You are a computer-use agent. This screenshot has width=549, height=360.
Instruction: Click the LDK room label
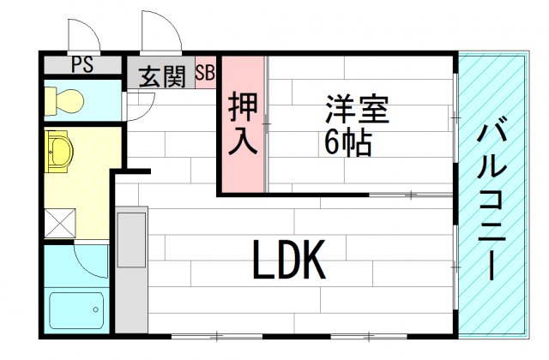[x=289, y=259]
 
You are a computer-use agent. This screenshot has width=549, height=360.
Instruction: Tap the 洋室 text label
[x=357, y=109]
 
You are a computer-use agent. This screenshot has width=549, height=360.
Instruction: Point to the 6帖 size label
[x=347, y=141]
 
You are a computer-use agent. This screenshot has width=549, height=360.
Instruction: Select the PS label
[x=82, y=64]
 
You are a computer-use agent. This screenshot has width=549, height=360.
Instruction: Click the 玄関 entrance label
[x=162, y=77]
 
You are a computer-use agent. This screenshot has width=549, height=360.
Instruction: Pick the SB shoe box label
[x=205, y=72]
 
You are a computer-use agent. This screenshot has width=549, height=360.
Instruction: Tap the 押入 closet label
[x=242, y=123]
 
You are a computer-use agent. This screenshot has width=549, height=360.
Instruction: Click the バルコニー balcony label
[x=492, y=200]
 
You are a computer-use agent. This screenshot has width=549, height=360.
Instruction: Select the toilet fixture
[x=64, y=101]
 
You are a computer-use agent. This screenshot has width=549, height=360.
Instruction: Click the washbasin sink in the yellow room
[x=59, y=152]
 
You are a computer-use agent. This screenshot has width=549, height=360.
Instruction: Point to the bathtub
[x=76, y=310]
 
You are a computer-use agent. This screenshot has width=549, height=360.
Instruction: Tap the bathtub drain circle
[x=95, y=309]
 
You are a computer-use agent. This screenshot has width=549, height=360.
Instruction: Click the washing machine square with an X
[x=60, y=223]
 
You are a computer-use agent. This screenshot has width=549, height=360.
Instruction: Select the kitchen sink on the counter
[x=131, y=240]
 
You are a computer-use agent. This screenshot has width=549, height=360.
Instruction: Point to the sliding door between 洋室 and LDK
[x=411, y=195]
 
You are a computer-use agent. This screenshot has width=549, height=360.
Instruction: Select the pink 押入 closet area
[x=243, y=123]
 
